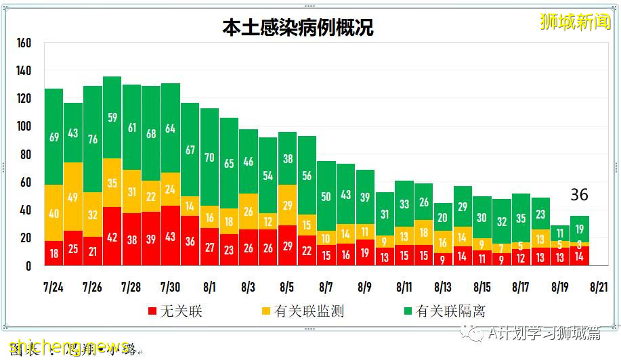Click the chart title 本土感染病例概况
[x=298, y=28]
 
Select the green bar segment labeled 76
[x=93, y=139]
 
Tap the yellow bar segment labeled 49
[x=73, y=197]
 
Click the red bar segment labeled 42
[x=112, y=238]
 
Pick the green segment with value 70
[x=209, y=158]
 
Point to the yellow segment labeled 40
[x=54, y=214]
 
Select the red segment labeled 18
[x=54, y=253]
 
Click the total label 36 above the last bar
[x=579, y=196]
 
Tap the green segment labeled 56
[x=307, y=176]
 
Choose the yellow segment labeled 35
[x=112, y=183]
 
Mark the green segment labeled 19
[x=579, y=229]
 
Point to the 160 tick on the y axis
[x=24, y=43]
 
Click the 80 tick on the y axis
[x=26, y=154]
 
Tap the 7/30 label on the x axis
[x=170, y=287]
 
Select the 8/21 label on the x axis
[x=599, y=287]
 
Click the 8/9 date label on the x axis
[x=365, y=287]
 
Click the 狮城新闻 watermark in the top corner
[x=575, y=22]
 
